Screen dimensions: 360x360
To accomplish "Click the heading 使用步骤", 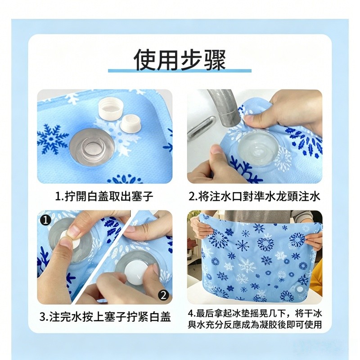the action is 180,59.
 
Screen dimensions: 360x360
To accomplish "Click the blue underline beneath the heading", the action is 180,71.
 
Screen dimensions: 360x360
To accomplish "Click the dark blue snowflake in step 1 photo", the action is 53,139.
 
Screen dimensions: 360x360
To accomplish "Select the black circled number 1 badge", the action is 46,220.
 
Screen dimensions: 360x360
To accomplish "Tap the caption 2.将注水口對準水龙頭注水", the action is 254,196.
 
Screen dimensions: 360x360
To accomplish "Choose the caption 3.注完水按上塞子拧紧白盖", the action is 105,317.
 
